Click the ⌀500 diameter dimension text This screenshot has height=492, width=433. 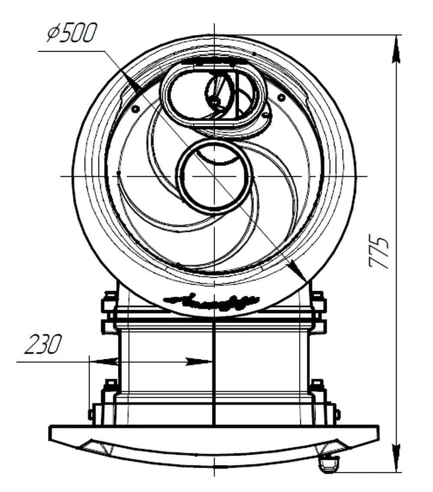tap(72, 33)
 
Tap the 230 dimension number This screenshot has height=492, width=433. tap(43, 345)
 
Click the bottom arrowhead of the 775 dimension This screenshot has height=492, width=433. tap(396, 458)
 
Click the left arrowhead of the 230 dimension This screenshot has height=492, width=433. tap(106, 361)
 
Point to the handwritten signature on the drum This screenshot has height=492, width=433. tap(213, 299)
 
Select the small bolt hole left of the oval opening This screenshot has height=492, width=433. tap(135, 107)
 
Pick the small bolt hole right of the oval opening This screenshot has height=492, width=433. tap(281, 98)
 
